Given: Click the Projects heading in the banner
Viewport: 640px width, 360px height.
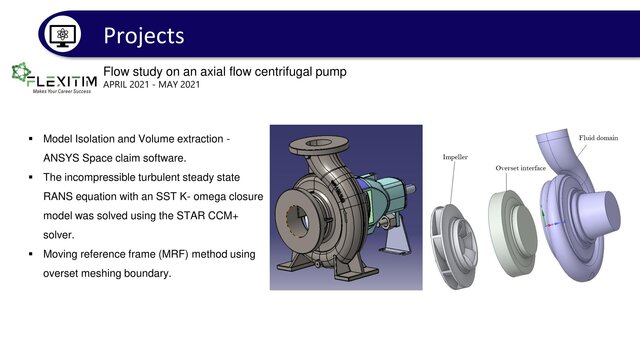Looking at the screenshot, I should click(x=144, y=35).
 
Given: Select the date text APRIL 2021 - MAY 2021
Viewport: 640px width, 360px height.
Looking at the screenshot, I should click(x=151, y=84).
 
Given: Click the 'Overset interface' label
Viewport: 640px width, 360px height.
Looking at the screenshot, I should click(x=520, y=168).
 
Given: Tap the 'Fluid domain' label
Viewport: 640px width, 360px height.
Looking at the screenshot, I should click(x=600, y=136).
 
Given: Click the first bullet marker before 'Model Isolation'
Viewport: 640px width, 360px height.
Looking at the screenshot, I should click(x=32, y=137).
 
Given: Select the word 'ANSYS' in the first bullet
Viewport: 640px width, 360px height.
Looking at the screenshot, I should click(x=66, y=157).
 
